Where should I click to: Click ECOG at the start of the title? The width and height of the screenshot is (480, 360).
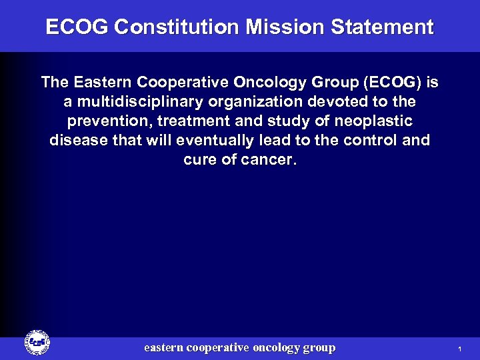77,27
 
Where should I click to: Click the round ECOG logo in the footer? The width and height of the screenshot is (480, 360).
37,343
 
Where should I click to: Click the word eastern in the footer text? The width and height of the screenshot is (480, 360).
164,347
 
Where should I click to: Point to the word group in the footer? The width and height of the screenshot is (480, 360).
319,347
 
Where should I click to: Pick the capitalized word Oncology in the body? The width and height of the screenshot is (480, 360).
275,83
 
